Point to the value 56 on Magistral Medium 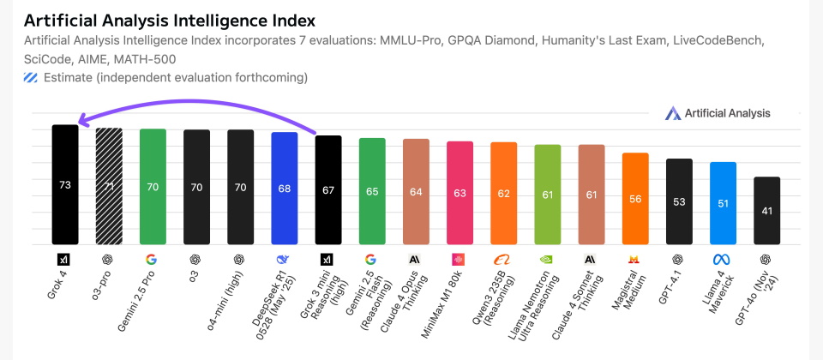click(x=635, y=198)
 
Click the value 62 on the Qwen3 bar click(x=503, y=193)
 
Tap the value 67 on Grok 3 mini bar click(x=328, y=189)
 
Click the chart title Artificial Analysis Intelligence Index click(x=170, y=20)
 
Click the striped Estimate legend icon click(x=31, y=78)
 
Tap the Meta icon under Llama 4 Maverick click(x=722, y=259)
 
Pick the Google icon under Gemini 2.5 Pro click(x=152, y=259)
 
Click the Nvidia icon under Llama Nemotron click(x=547, y=259)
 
